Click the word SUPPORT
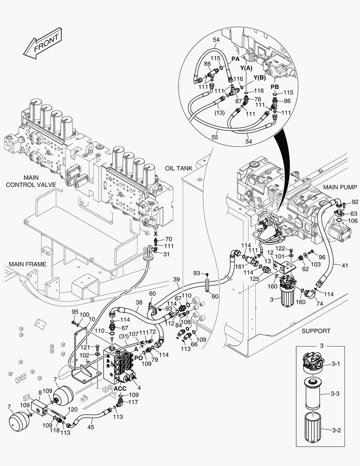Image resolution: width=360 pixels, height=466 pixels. coord(316,331)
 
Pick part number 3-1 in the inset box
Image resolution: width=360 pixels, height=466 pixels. coord(336,364)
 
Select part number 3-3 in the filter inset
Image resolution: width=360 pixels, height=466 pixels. coord(336,394)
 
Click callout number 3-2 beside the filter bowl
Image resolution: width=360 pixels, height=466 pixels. coord(336,430)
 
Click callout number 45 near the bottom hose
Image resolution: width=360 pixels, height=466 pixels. coord(90,427)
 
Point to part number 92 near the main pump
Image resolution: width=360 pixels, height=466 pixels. coord(354,202)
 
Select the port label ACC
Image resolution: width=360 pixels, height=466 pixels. coord(120,388)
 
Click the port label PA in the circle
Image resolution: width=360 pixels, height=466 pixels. coord(235,59)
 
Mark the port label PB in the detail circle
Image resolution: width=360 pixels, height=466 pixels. coord(275,87)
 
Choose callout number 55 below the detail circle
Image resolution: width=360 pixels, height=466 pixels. coord(215,137)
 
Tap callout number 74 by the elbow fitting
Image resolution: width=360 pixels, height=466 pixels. coord(319,303)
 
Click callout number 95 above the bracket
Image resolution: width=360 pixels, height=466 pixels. coord(75,312)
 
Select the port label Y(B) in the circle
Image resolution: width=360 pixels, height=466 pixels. coord(260,78)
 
